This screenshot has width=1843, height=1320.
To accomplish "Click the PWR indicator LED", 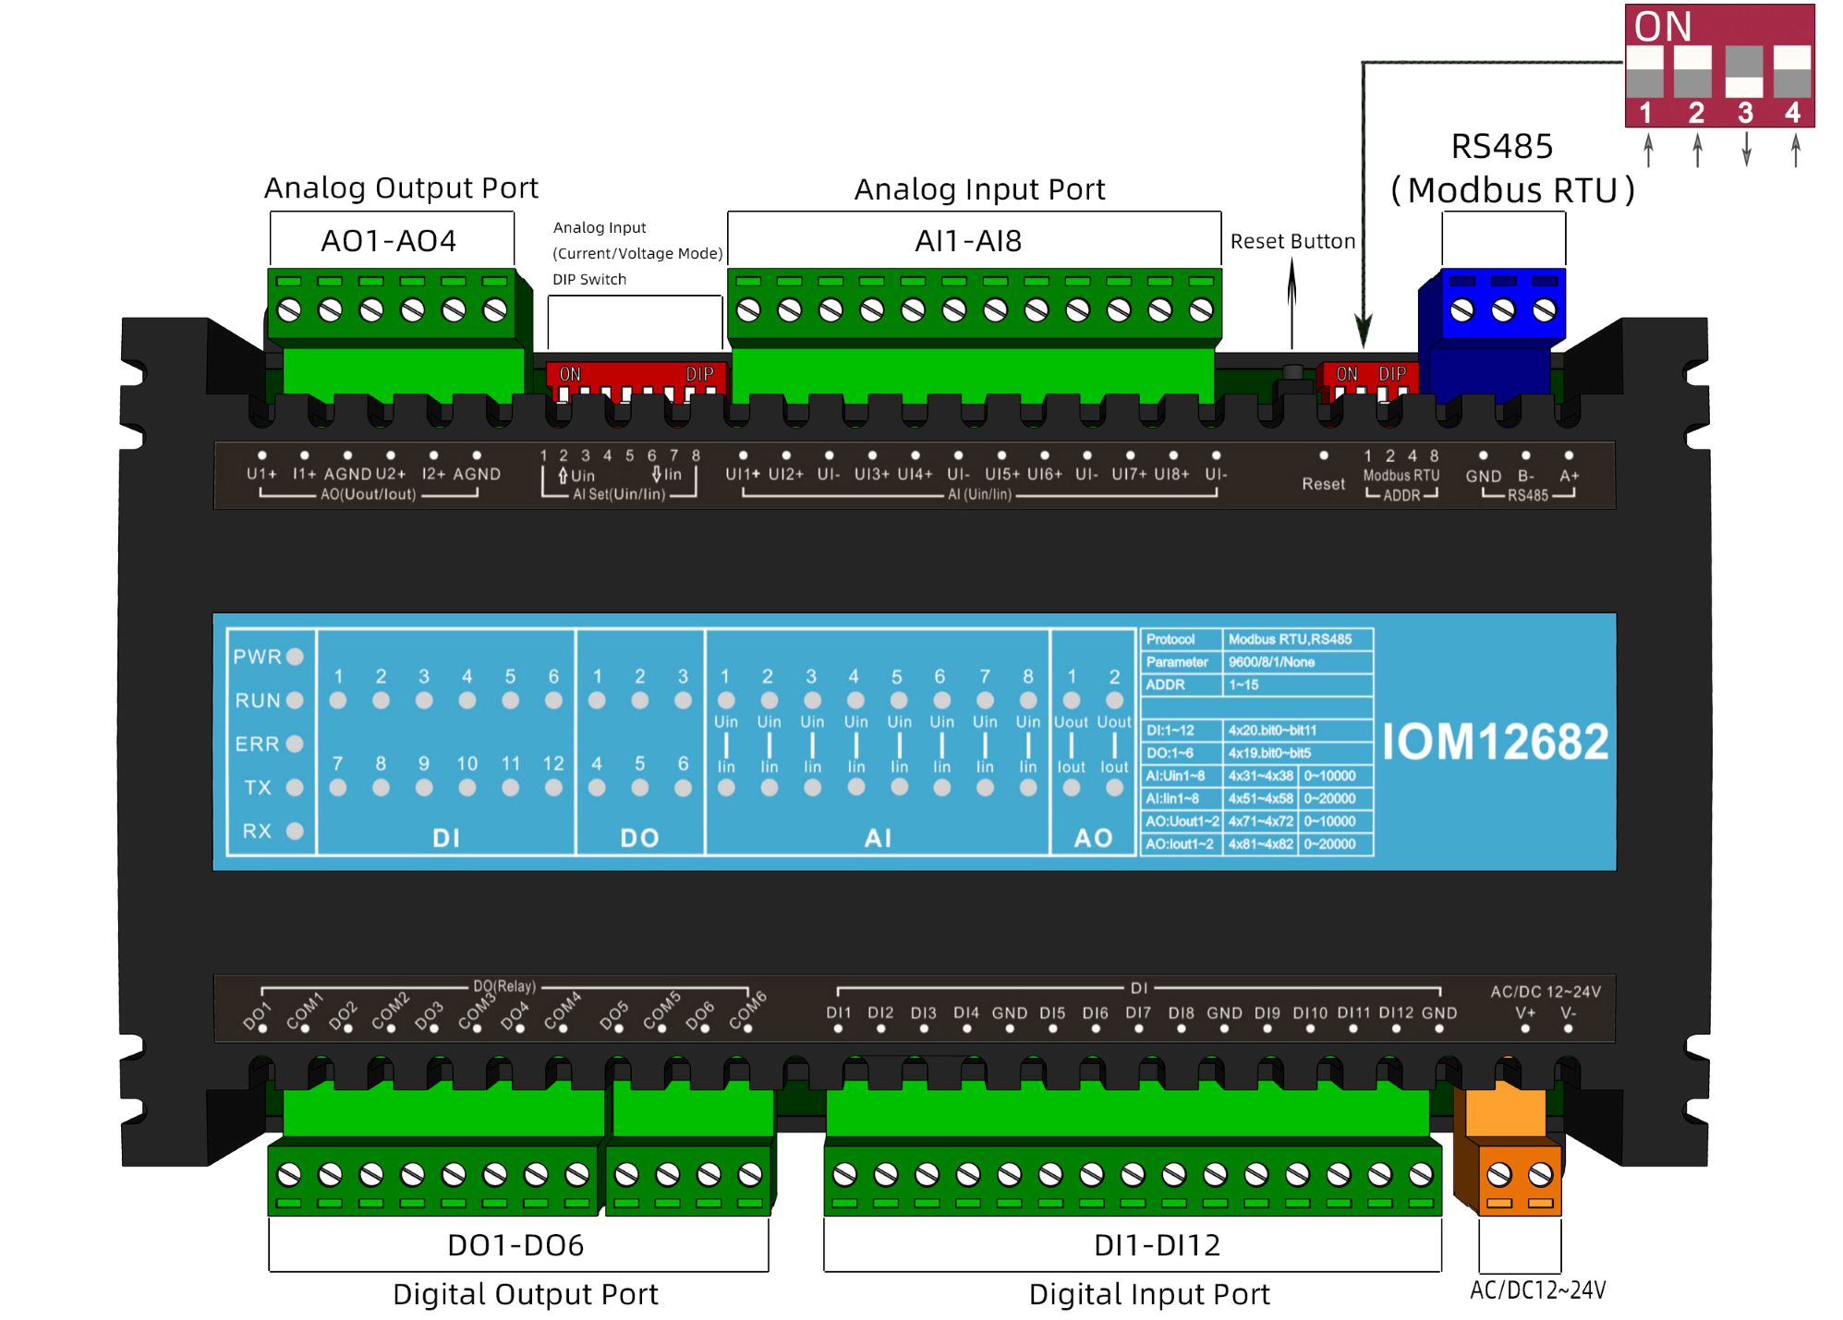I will [295, 657].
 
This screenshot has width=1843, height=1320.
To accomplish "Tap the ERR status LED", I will [295, 744].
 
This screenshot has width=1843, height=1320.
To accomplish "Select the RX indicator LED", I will [295, 830].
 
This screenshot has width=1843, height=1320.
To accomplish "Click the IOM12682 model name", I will [1495, 742].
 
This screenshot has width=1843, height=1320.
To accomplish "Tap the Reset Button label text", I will [1292, 241].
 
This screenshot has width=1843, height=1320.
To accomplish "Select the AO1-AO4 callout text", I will [388, 241].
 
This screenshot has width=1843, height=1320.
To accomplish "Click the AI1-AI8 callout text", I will [968, 241].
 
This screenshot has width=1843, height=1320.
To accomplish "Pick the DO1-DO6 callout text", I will [515, 1245].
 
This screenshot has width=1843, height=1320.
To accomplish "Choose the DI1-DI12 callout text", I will [1157, 1245].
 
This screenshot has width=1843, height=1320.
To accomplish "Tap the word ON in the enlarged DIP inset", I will [1663, 27].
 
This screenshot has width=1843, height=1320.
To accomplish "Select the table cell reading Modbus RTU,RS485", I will [1290, 639].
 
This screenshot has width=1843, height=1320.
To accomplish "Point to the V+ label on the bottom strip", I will [1525, 1013].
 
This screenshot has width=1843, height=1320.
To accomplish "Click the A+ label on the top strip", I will [1569, 476].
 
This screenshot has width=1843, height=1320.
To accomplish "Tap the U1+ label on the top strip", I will [261, 474].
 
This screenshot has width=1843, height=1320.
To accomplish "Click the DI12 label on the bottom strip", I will [1396, 1013].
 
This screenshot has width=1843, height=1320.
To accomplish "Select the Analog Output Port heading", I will [401, 188].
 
